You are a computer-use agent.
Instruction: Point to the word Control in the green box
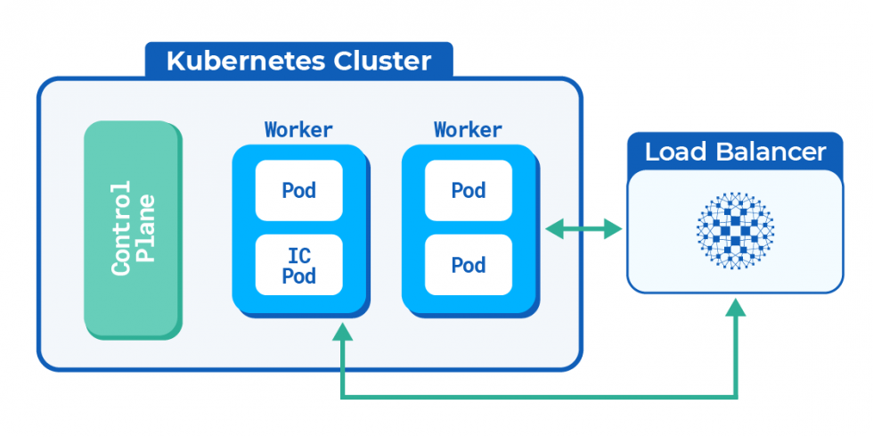[x=120, y=229]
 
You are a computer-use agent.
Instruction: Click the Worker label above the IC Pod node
[x=298, y=129]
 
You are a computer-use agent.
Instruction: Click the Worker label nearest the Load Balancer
[x=468, y=129]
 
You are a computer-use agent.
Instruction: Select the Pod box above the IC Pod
[x=298, y=190]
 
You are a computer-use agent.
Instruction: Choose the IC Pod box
[x=298, y=265]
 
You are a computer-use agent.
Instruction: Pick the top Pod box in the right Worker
[x=468, y=190]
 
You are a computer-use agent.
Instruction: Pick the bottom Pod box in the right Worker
[x=468, y=265]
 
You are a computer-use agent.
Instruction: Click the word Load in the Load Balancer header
[x=673, y=152]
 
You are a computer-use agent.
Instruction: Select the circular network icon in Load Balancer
[x=735, y=230]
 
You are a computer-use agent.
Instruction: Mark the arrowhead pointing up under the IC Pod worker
[x=342, y=333]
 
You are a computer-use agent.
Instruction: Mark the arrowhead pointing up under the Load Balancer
[x=735, y=308]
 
